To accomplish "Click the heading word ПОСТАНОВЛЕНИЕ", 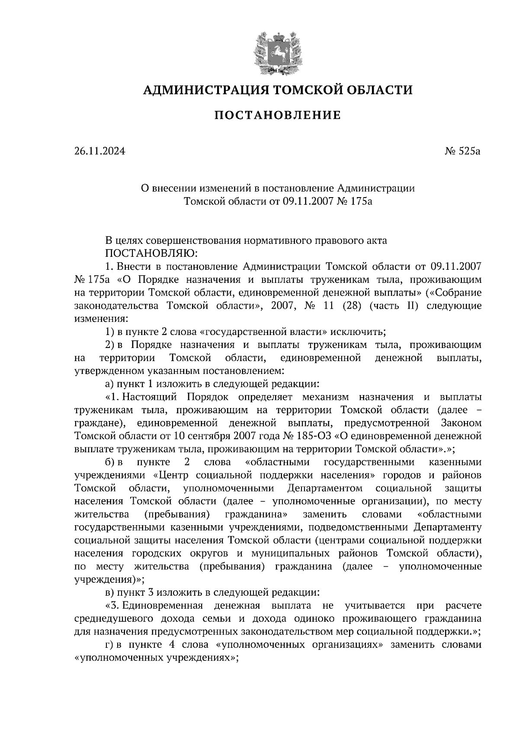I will coord(278,115).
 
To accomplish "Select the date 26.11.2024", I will coord(99,152).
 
